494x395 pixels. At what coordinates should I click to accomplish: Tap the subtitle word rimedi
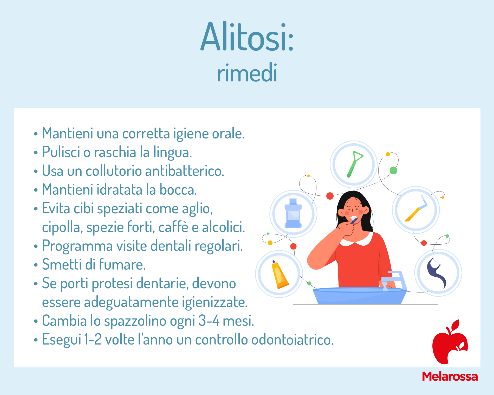247,73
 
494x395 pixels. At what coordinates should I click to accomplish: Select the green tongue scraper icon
355,164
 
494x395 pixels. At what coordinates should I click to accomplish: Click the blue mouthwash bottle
293,213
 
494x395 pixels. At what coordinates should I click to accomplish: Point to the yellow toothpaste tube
279,275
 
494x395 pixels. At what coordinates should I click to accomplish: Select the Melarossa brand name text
450,377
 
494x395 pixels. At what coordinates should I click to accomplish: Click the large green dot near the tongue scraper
393,170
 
